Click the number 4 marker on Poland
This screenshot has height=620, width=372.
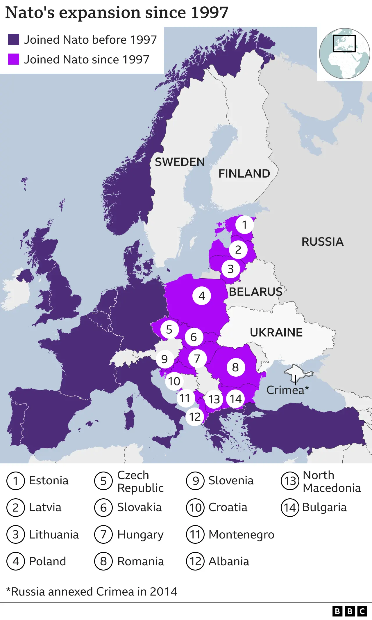(x=202, y=296)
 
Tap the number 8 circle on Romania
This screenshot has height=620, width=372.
(x=235, y=367)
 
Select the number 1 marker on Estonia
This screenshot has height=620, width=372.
(x=244, y=225)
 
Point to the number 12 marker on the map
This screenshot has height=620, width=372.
(x=195, y=417)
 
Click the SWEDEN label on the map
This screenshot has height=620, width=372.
(x=180, y=162)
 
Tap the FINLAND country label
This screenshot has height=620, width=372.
(x=244, y=173)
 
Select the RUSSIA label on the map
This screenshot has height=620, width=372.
(x=322, y=242)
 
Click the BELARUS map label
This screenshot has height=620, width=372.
(x=255, y=292)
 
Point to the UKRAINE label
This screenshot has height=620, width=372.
(x=276, y=332)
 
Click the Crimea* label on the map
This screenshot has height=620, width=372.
(x=287, y=390)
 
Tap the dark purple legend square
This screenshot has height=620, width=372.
(x=14, y=39)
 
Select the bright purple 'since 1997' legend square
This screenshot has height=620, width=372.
(x=14, y=59)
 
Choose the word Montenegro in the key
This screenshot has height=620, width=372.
(x=241, y=534)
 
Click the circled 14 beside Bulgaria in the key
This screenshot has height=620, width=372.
(x=290, y=508)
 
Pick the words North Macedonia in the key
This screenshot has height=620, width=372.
(x=332, y=481)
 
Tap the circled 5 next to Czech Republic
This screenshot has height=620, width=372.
(x=103, y=481)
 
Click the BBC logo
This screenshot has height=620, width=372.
(x=350, y=611)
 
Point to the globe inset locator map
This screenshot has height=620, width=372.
(x=344, y=54)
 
